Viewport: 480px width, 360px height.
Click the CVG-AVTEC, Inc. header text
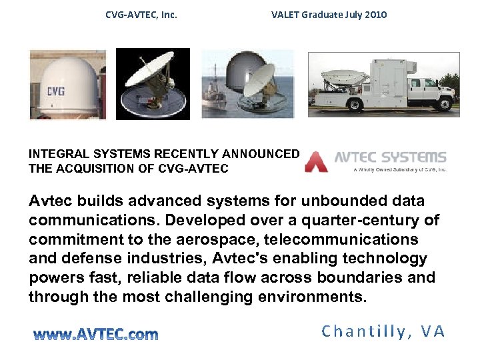tap(141, 14)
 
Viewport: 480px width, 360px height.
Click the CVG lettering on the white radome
tap(55, 91)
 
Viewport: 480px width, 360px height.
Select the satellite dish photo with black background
tap(153, 84)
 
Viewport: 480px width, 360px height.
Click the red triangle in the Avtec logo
tap(316, 162)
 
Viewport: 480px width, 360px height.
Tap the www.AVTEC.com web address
tap(96, 333)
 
